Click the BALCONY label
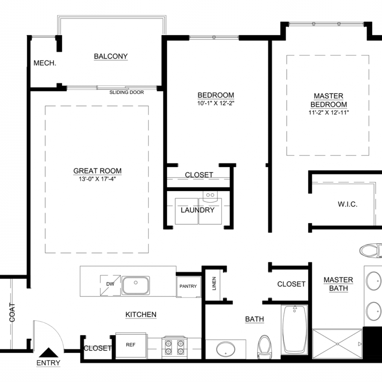click(x=111, y=56)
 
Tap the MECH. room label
click(x=45, y=63)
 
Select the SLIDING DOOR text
click(x=126, y=93)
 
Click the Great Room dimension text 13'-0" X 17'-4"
click(x=97, y=179)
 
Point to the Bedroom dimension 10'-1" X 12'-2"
click(x=216, y=103)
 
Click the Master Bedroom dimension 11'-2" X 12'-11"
click(x=329, y=113)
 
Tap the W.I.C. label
click(x=348, y=204)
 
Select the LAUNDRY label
click(x=198, y=210)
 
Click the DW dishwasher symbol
click(x=110, y=285)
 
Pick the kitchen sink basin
click(x=136, y=285)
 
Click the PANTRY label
click(x=188, y=286)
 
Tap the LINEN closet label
click(x=214, y=284)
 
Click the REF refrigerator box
click(x=131, y=345)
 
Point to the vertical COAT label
click(x=12, y=312)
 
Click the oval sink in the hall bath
click(x=226, y=349)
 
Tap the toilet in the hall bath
click(x=264, y=347)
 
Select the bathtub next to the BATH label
click(x=295, y=329)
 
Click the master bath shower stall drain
click(x=337, y=344)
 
